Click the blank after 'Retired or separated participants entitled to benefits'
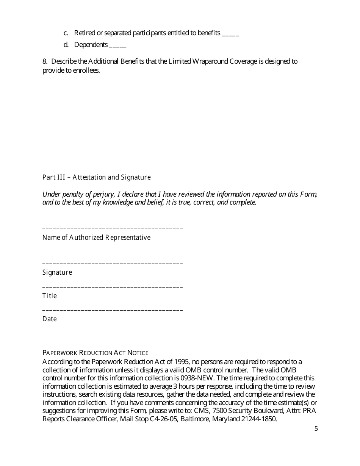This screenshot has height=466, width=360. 230,34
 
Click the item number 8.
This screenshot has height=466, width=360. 44,61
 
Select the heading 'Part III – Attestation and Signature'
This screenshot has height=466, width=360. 96,177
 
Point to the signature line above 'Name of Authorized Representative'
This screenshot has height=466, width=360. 113,229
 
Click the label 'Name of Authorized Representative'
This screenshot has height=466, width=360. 96,238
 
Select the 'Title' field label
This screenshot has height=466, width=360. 49,296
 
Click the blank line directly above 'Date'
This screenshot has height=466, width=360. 113,310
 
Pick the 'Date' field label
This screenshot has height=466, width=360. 49,319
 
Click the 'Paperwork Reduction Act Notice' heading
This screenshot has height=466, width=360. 95,353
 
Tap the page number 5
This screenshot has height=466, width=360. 316,429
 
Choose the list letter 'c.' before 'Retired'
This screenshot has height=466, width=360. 66,33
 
